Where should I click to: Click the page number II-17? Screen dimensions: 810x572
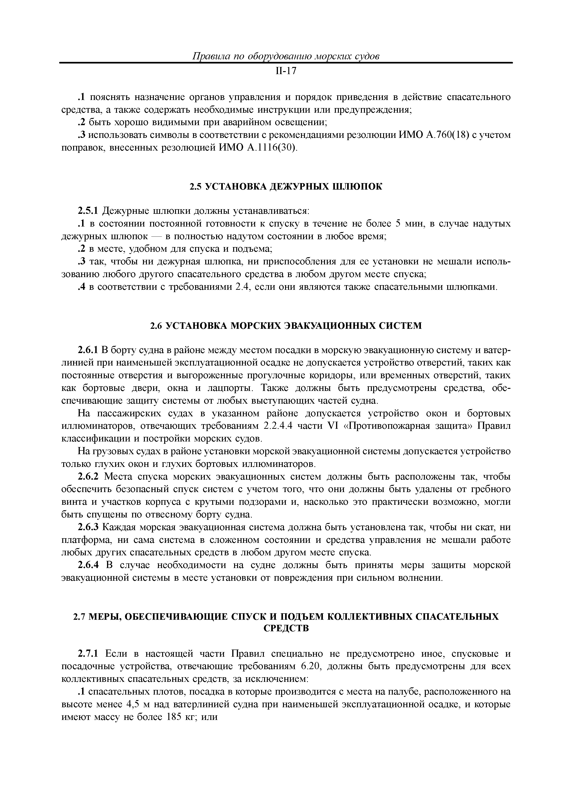coord(286,71)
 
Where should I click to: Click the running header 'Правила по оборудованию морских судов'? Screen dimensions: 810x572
coord(286,56)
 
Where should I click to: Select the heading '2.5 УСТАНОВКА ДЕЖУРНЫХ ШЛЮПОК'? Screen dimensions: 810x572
coord(286,187)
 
